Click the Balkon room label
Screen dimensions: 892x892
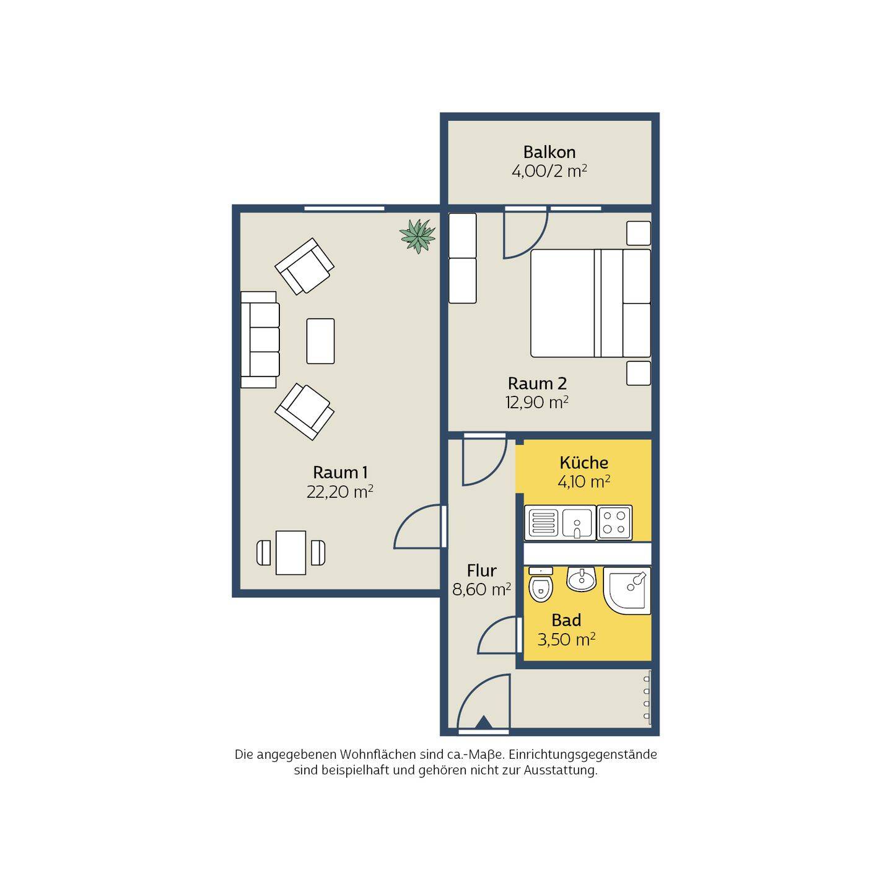coord(549,152)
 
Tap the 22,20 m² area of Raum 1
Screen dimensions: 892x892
coord(340,492)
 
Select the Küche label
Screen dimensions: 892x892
coord(584,463)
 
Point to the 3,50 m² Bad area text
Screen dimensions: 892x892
coord(566,640)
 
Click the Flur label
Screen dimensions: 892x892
coord(481,571)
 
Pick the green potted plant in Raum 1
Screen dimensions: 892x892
coord(418,237)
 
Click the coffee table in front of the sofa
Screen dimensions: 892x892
coord(320,341)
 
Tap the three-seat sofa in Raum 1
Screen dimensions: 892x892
coord(260,340)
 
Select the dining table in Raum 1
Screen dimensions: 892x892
coord(291,553)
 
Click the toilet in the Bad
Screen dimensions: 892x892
coord(540,585)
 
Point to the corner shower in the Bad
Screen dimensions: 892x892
coord(627,591)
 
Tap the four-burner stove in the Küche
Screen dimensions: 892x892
coord(614,523)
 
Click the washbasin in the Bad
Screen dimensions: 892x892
coord(581,579)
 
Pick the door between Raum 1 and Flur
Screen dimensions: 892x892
coord(419,527)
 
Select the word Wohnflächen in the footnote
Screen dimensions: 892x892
coord(378,754)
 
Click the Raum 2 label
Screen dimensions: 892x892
coord(537,383)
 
